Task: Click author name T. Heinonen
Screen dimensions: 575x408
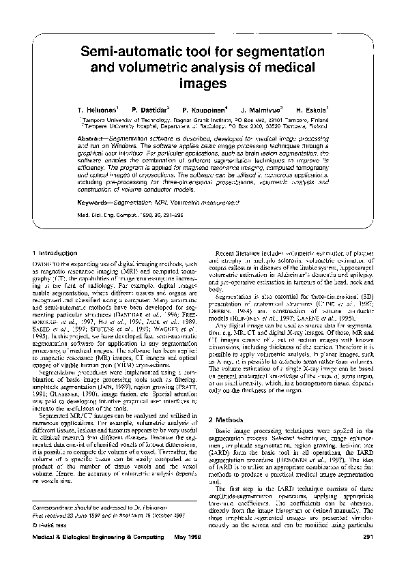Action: pos(98,109)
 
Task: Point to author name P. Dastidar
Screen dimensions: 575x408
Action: pos(149,109)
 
